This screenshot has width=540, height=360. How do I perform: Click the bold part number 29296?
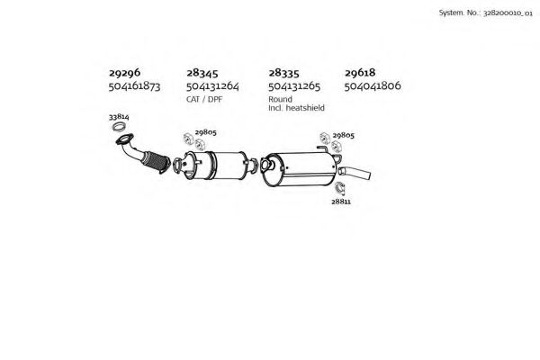(x=125, y=73)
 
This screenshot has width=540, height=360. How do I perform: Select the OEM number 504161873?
(x=134, y=85)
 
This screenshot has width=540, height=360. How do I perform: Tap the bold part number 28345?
(x=202, y=73)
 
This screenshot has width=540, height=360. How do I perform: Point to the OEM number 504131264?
(x=212, y=85)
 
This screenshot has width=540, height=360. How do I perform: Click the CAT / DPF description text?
(x=204, y=99)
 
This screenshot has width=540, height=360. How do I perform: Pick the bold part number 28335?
(x=283, y=73)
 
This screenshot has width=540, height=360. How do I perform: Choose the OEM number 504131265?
(x=294, y=85)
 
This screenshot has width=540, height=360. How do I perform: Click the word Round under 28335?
(x=280, y=99)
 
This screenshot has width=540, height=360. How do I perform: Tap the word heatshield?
(x=305, y=108)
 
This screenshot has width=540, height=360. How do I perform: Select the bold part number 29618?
(x=360, y=73)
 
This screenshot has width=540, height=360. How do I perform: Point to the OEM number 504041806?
(x=373, y=85)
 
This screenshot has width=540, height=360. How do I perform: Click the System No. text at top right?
(x=486, y=13)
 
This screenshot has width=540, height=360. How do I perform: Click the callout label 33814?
(x=119, y=117)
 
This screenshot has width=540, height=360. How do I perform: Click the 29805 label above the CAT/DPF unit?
(x=205, y=132)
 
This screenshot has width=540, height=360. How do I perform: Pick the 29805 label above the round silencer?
(x=344, y=135)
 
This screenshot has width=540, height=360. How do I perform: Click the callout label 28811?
(x=341, y=202)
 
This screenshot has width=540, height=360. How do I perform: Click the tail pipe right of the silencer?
(x=355, y=173)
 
